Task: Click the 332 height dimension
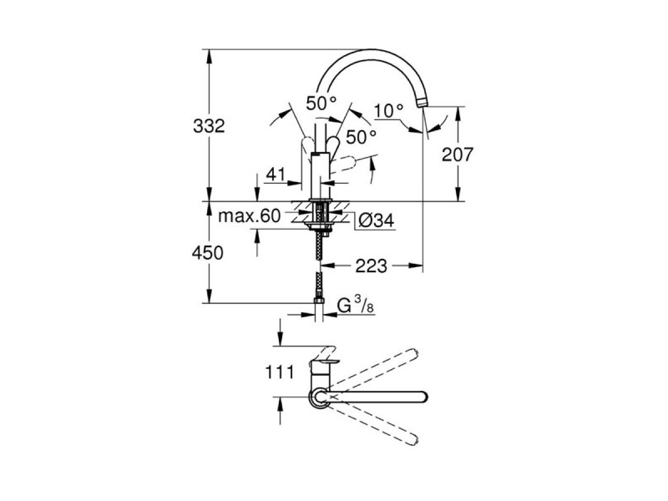tap(209, 126)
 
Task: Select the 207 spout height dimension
tap(457, 154)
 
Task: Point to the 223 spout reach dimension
tap(372, 266)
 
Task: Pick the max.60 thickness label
tap(249, 217)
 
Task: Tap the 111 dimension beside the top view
tap(279, 372)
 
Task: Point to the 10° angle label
tap(389, 111)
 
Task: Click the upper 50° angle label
tap(321, 103)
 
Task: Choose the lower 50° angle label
tap(361, 136)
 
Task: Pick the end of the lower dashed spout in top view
tap(412, 440)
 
